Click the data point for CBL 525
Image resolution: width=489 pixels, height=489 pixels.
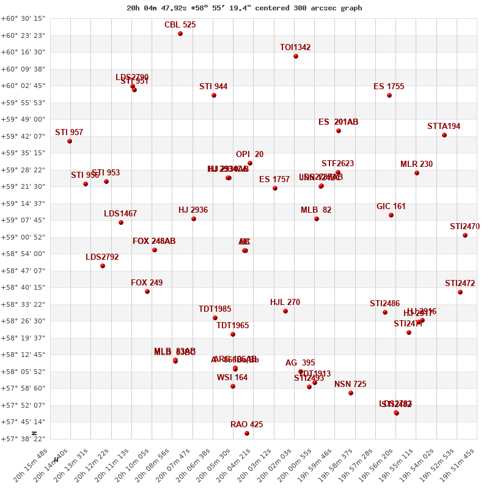click(180, 34)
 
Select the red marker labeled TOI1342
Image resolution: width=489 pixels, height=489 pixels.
click(296, 56)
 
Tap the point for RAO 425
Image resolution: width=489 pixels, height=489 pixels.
click(247, 433)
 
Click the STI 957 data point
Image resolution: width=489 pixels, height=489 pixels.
click(70, 141)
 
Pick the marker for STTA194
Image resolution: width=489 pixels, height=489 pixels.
click(444, 135)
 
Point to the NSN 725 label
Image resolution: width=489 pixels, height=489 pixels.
click(350, 384)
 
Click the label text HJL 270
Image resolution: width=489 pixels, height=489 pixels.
click(285, 303)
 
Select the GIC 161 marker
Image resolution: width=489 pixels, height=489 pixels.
click(391, 215)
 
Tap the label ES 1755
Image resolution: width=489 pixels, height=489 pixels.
click(389, 87)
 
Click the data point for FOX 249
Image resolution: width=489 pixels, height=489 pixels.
click(147, 292)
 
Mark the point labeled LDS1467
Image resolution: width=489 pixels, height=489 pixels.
click(121, 222)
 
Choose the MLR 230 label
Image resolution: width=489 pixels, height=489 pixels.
click(416, 164)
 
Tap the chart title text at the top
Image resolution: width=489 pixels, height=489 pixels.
click(244, 8)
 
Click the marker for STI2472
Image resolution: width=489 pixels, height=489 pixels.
click(460, 292)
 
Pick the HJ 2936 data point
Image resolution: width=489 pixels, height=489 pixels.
click(194, 219)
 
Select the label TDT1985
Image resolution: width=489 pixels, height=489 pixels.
click(215, 309)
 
